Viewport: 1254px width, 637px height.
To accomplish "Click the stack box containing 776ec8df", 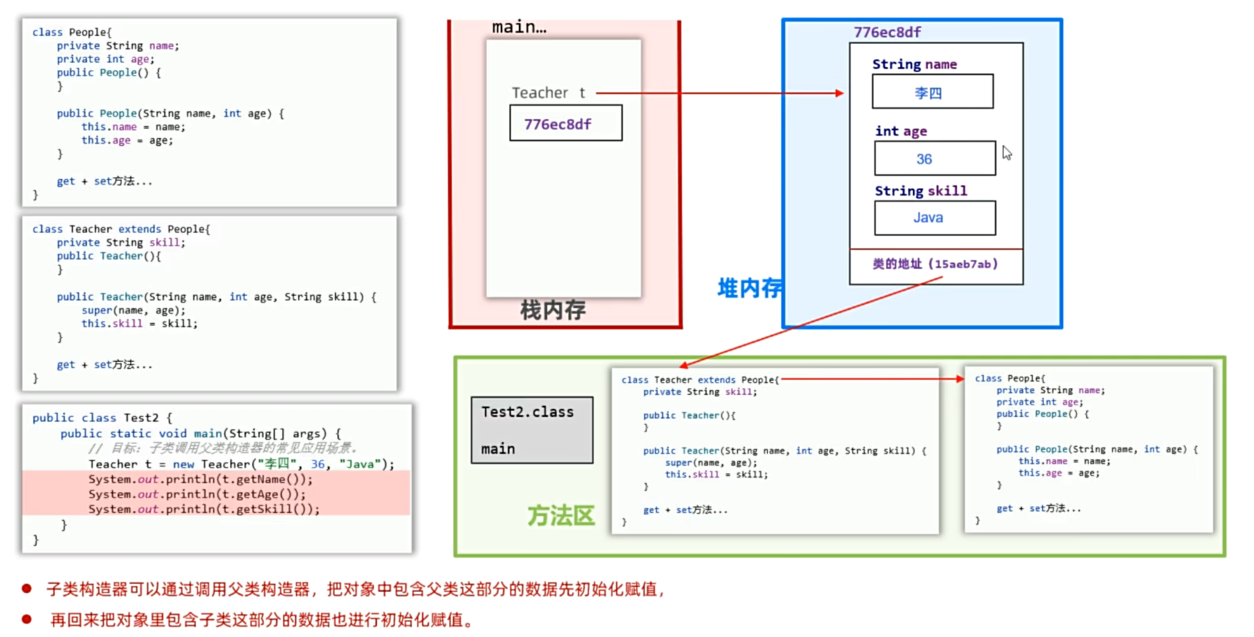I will [565, 123].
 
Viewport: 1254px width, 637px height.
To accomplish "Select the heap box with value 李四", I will [932, 92].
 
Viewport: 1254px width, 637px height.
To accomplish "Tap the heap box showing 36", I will [935, 158].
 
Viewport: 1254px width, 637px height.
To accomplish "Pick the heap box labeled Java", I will [935, 218].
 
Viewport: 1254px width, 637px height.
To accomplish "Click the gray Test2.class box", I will [532, 430].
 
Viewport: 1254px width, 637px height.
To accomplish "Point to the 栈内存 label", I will [552, 310].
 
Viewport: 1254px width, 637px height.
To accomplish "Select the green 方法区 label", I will [561, 515].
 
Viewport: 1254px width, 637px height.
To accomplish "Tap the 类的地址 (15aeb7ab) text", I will [935, 264].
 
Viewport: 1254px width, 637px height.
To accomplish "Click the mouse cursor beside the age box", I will [1007, 153].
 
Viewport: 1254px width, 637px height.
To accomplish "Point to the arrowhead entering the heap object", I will [839, 93].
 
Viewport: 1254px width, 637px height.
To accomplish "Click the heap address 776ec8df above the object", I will [887, 32].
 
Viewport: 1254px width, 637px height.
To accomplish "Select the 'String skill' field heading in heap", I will [921, 191].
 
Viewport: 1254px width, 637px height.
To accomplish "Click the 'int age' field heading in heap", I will [901, 131].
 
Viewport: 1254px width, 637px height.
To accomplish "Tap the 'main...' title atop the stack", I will [519, 27].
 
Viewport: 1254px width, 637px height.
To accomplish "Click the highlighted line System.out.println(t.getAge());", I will [197, 494].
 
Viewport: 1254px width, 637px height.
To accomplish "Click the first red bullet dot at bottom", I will [27, 589].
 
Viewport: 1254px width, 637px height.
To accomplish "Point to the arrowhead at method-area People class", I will [959, 379].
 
